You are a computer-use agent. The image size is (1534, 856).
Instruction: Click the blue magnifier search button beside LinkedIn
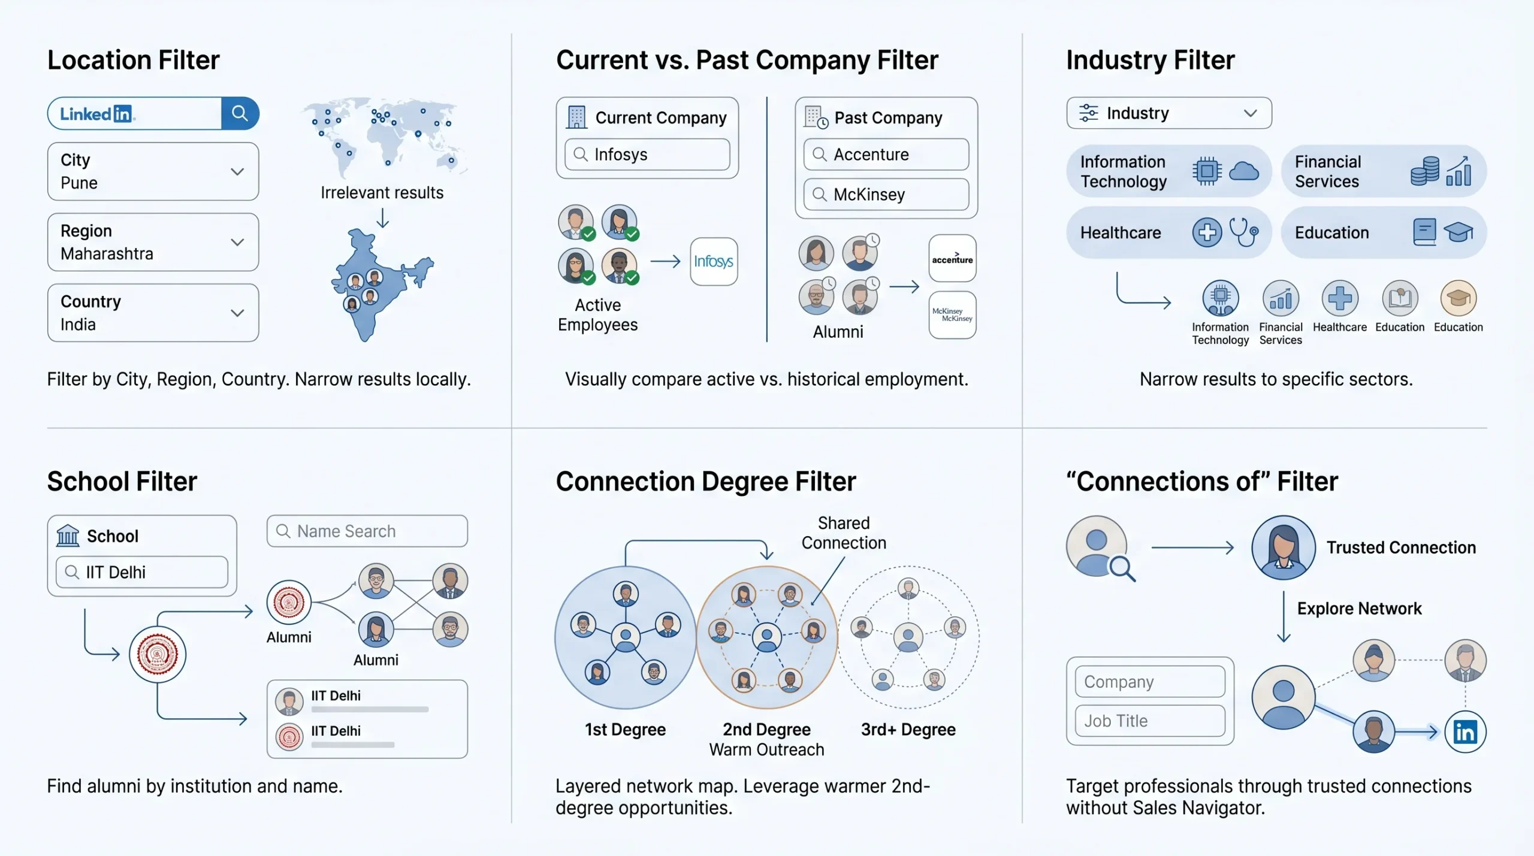(240, 113)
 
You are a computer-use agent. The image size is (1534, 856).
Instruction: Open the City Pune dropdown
(153, 171)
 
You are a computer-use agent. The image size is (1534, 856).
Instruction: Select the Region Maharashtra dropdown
(153, 242)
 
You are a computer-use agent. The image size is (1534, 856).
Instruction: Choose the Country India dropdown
(153, 313)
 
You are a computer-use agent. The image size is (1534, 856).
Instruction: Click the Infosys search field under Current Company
(647, 155)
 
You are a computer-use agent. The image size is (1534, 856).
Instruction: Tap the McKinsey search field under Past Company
(886, 194)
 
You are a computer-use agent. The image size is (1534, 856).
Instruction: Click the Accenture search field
(886, 155)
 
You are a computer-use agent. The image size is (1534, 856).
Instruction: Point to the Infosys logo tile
(714, 261)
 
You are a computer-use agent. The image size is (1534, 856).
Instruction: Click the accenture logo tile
(952, 258)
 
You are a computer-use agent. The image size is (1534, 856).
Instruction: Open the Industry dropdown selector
(1169, 113)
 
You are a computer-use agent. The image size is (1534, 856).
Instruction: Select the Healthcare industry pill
(1168, 232)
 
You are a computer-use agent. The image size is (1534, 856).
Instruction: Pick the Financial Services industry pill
(1384, 171)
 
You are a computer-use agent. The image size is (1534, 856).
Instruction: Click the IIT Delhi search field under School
(142, 572)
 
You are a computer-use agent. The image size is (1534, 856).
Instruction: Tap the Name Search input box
(367, 531)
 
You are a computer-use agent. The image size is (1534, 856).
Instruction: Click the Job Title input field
(1150, 721)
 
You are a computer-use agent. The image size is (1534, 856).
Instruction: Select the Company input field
(1150, 682)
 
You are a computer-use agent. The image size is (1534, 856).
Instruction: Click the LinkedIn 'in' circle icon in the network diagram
(1465, 731)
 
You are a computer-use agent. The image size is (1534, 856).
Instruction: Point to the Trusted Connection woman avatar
(1284, 548)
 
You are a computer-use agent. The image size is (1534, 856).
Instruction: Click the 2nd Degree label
(766, 730)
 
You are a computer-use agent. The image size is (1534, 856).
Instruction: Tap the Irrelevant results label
(382, 193)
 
